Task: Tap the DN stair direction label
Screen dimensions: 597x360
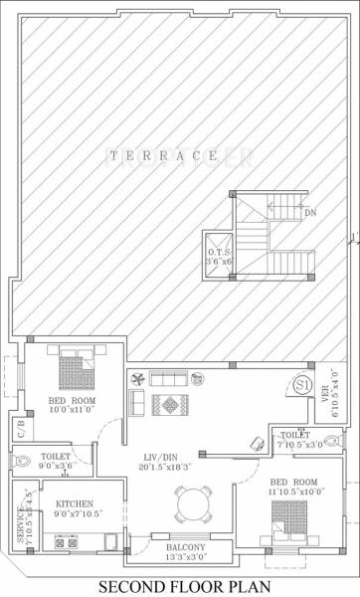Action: tap(310, 212)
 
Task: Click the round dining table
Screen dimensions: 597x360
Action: tap(190, 503)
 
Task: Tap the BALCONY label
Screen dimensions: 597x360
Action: tap(180, 547)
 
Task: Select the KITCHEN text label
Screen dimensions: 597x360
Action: tap(76, 503)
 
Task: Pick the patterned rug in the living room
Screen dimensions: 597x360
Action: tap(170, 404)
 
